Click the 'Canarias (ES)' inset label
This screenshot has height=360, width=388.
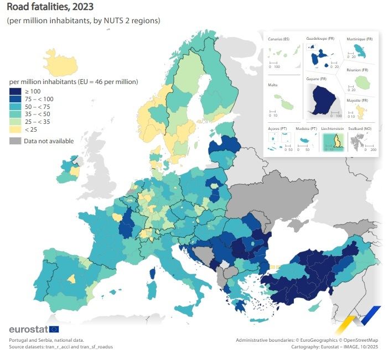tap(278, 39)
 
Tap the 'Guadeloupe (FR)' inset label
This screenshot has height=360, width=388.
tap(320, 39)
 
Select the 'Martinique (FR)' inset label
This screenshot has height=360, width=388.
tap(360, 39)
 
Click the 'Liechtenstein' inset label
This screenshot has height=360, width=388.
tap(332, 128)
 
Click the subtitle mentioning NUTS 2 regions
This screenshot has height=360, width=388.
tap(84, 20)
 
